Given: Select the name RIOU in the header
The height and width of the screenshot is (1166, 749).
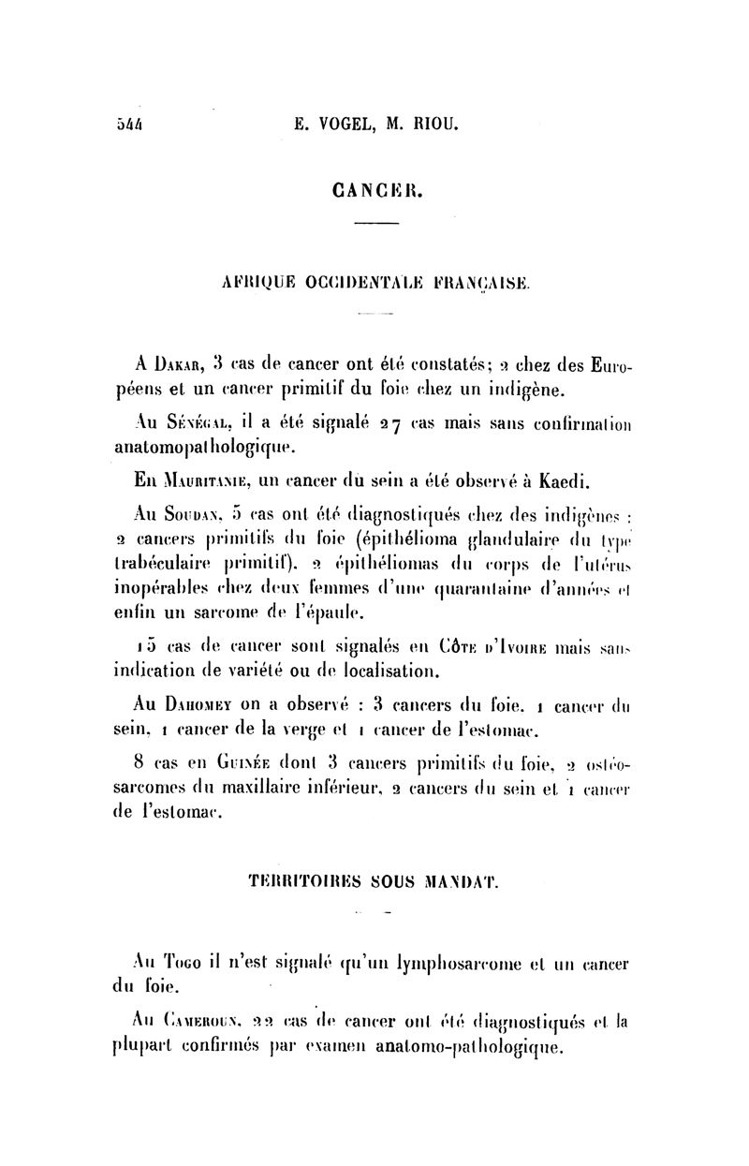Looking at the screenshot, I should [433, 123].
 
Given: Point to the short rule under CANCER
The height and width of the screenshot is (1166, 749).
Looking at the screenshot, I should [376, 223].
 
